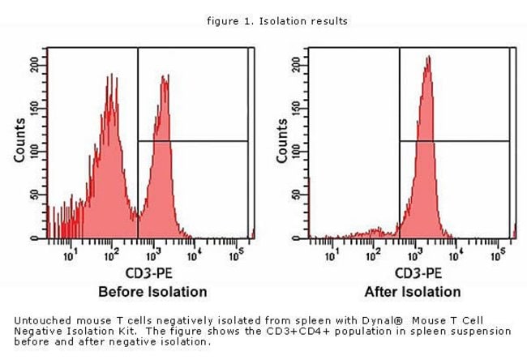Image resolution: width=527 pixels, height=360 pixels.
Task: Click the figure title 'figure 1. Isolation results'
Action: [277, 21]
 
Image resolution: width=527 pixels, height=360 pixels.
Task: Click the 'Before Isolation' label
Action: [152, 291]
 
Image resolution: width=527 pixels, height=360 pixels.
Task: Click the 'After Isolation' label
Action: [413, 291]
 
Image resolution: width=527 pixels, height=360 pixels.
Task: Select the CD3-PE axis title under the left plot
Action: [152, 273]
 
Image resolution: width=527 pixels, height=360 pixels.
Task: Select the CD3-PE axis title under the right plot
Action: [413, 273]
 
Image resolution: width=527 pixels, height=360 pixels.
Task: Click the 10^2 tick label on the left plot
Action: [111, 257]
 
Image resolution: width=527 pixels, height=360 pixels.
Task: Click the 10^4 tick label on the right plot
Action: [456, 257]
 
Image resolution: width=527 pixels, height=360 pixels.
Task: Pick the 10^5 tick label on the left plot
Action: [236, 257]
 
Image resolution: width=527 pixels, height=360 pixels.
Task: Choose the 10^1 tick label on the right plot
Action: [332, 257]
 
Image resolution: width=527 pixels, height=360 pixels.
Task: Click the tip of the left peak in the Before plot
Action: [109, 75]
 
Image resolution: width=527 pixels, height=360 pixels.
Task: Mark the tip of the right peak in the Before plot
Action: [165, 76]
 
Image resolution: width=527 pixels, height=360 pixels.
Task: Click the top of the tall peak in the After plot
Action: [427, 57]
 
